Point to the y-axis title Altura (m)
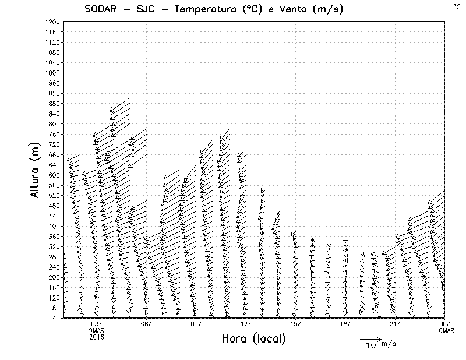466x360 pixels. click(x=36, y=170)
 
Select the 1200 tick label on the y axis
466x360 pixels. click(x=52, y=22)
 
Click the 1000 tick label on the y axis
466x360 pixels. click(x=52, y=73)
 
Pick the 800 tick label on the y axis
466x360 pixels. click(x=54, y=123)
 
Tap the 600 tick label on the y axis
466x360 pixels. click(x=54, y=175)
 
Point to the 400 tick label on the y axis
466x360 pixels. click(x=54, y=226)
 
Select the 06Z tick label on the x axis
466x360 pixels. click(x=146, y=324)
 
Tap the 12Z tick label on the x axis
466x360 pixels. click(x=246, y=324)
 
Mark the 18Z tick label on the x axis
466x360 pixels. click(x=345, y=324)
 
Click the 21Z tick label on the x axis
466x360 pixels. click(x=395, y=324)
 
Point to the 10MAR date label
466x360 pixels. click(x=444, y=330)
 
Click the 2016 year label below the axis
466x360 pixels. click(x=96, y=337)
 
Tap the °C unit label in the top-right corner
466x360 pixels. click(x=456, y=6)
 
